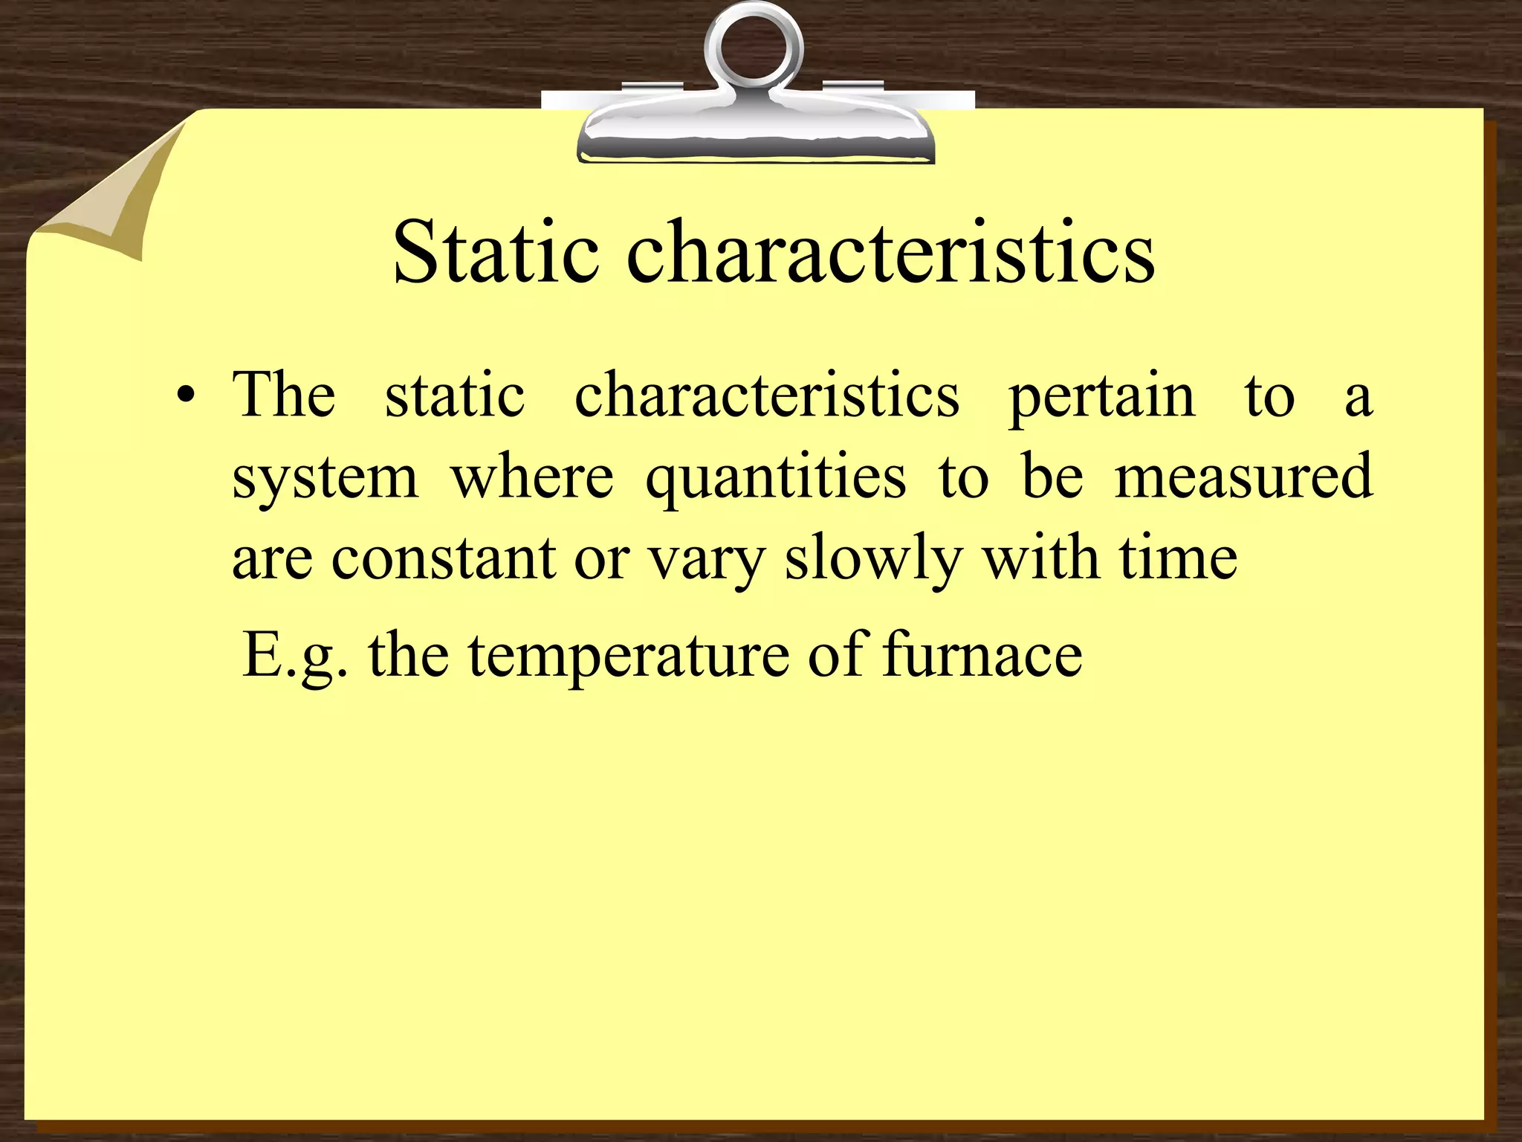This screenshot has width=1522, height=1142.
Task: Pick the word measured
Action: tap(1243, 476)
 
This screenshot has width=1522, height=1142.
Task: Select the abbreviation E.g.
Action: tap(294, 656)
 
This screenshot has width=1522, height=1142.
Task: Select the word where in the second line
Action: tap(532, 476)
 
